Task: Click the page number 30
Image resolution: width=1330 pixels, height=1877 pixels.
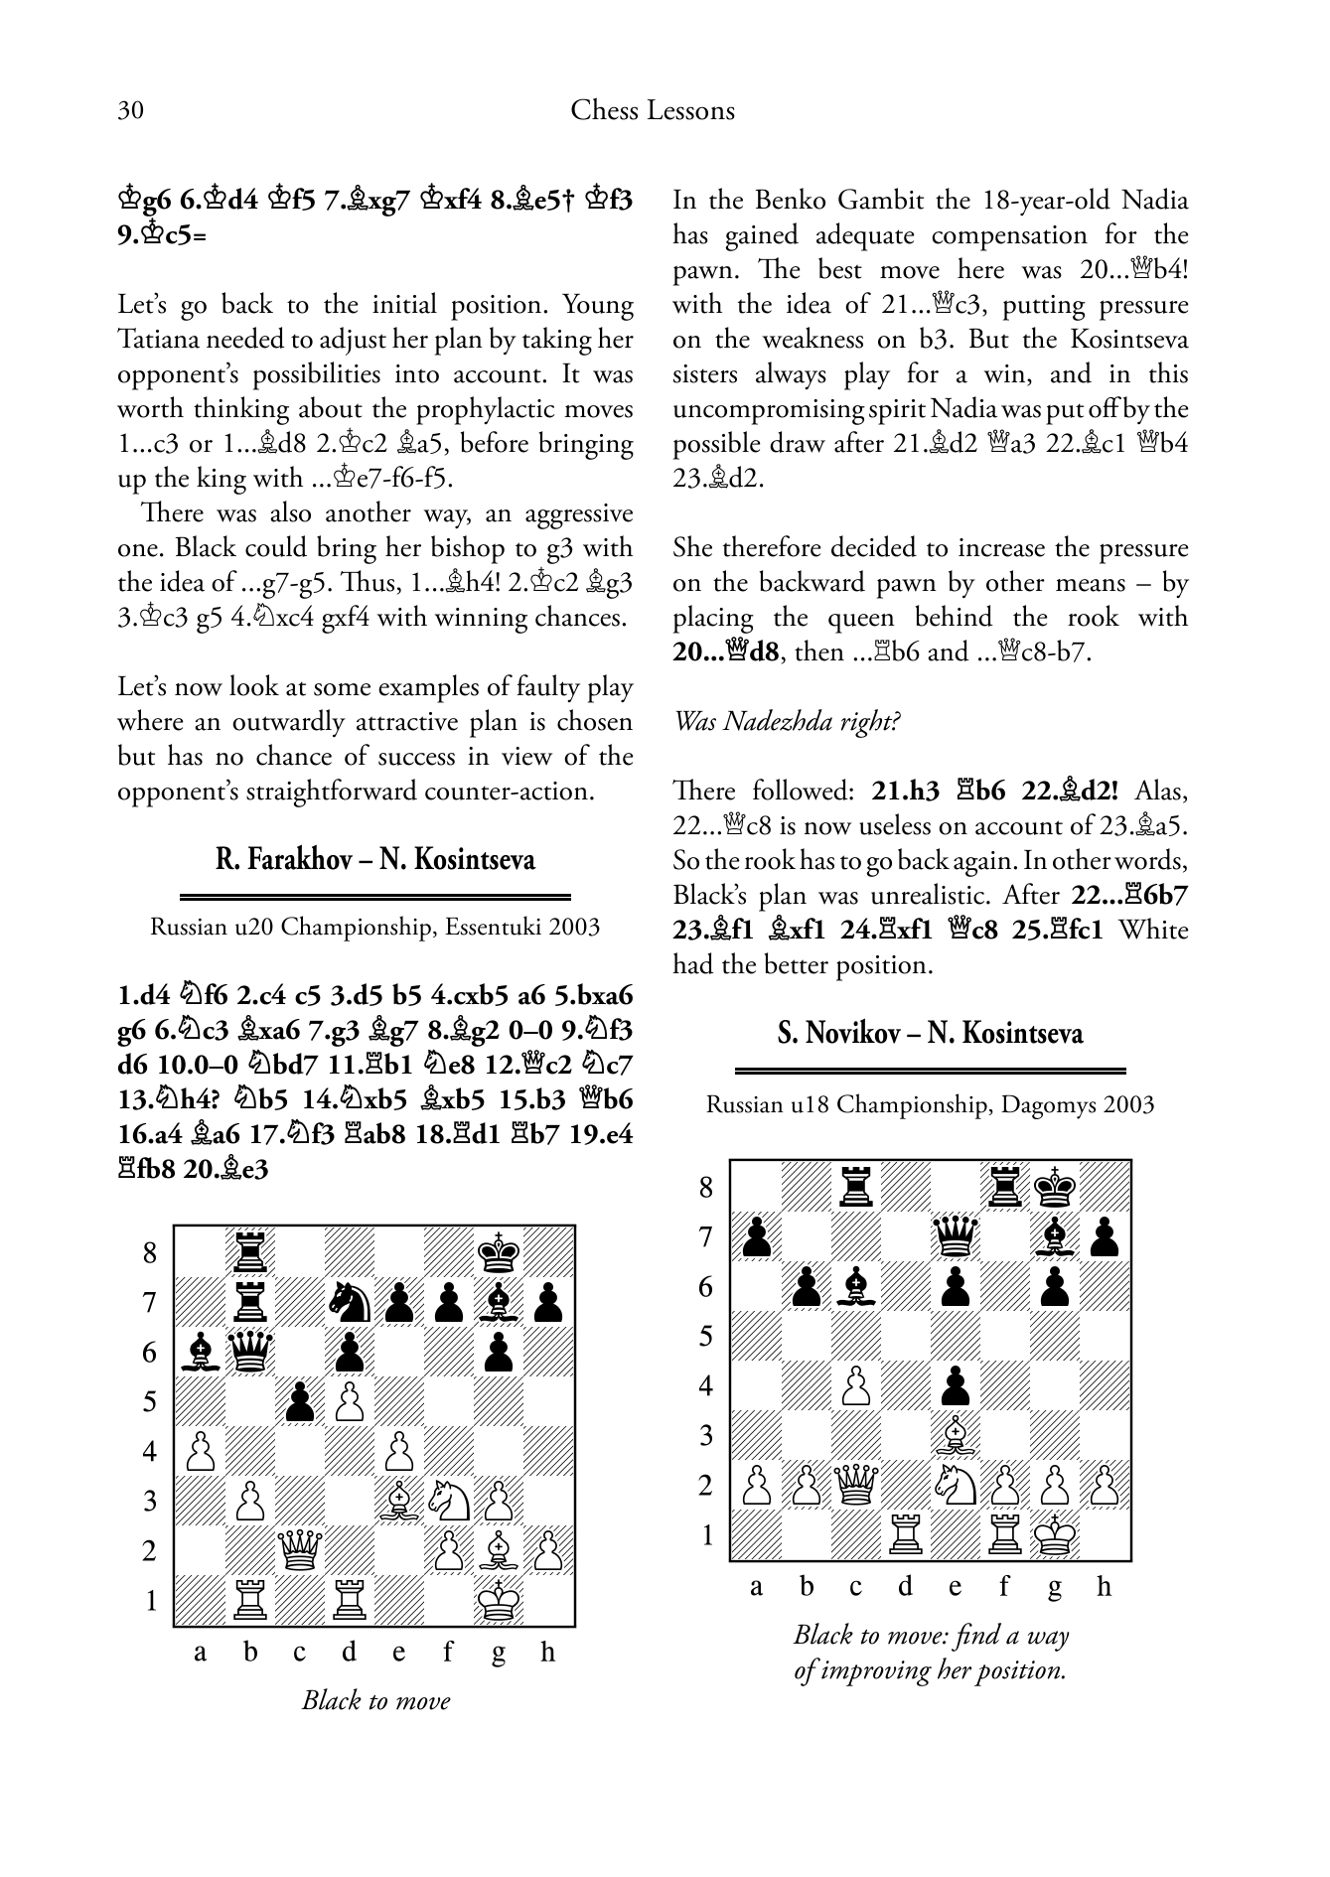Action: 130,110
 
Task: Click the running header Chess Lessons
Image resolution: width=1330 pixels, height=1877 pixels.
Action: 653,110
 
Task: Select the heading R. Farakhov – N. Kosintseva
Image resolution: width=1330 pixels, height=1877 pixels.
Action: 374,859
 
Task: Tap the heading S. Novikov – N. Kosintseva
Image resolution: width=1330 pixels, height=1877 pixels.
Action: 930,1034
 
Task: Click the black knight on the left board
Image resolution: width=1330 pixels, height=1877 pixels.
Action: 350,1302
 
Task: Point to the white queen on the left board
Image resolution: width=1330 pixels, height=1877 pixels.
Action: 299,1550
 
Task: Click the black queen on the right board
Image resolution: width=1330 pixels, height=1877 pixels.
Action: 955,1237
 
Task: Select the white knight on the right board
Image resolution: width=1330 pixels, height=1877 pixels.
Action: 955,1486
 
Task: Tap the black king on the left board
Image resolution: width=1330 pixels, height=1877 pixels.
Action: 499,1252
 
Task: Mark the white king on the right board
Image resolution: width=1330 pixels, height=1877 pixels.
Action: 1055,1535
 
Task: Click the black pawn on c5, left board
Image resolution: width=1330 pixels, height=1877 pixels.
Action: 299,1401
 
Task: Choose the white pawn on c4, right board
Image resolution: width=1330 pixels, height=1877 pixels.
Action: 855,1386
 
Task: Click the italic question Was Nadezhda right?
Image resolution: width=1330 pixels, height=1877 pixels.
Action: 787,721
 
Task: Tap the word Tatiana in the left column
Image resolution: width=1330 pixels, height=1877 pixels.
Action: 160,340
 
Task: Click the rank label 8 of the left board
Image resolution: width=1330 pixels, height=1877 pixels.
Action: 150,1252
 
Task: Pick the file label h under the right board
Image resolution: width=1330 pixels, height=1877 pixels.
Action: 1104,1587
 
